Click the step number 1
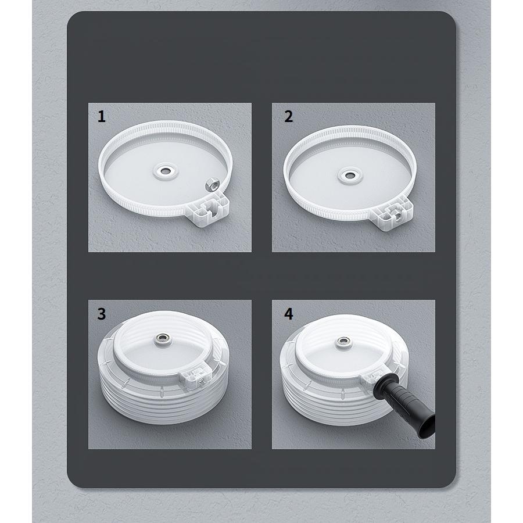[102, 116]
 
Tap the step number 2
[288, 116]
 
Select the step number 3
[102, 314]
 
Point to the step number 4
[288, 314]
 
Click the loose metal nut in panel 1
[211, 184]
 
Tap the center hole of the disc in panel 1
[165, 171]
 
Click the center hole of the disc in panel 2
[350, 175]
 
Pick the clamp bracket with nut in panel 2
[393, 214]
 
